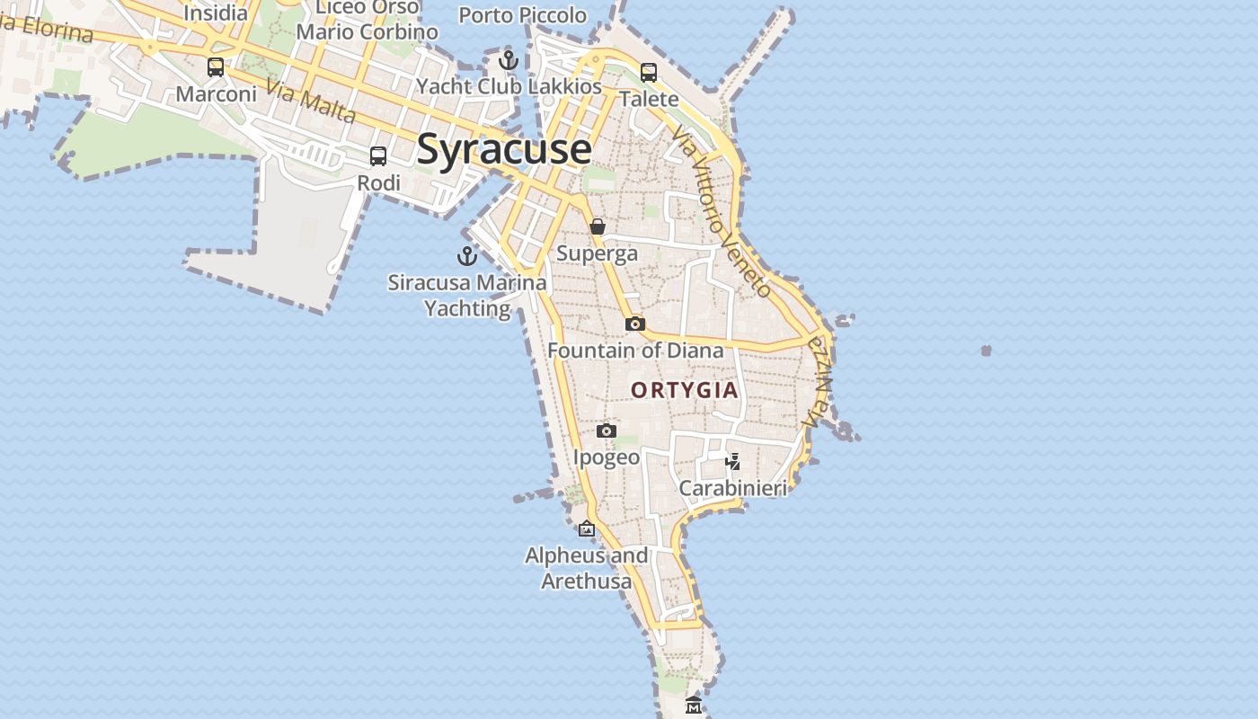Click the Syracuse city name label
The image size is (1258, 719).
tap(504, 149)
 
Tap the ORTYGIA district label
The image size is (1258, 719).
tap(685, 390)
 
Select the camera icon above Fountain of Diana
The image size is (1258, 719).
tap(635, 324)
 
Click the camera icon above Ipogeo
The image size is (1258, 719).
tap(607, 431)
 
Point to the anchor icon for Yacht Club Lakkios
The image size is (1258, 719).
tap(509, 60)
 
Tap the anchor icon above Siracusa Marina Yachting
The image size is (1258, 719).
tap(467, 256)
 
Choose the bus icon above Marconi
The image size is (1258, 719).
tap(216, 67)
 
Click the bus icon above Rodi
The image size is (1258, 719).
tap(378, 156)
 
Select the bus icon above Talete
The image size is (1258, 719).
tap(649, 73)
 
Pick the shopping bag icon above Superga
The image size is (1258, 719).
tap(598, 226)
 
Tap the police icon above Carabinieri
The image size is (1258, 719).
tap(733, 462)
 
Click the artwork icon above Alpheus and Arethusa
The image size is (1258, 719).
tap(587, 528)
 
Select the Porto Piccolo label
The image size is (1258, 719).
tap(522, 15)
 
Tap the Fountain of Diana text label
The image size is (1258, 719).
tap(635, 351)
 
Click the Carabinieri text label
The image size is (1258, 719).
tap(732, 488)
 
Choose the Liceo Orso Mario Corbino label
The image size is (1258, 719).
tap(368, 20)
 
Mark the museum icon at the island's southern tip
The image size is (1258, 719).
tap(693, 706)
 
